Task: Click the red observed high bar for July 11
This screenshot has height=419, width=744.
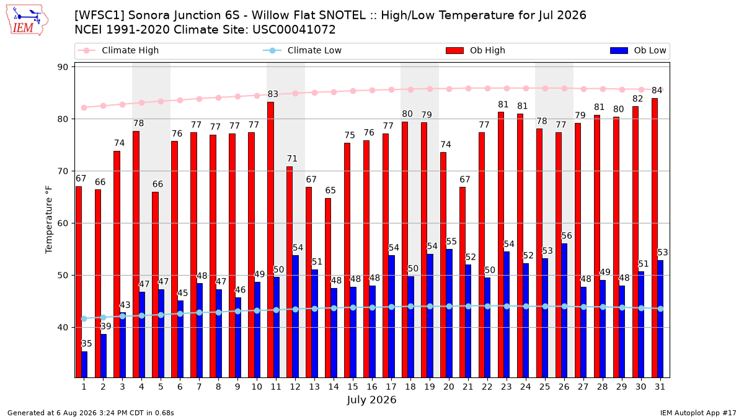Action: [271, 240]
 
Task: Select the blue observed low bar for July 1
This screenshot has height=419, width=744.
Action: [84, 364]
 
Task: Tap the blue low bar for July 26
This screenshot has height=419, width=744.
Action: [564, 310]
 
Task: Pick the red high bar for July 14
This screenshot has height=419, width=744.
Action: [328, 288]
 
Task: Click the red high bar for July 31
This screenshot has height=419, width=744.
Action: [655, 238]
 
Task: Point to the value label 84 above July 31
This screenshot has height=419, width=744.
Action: [657, 91]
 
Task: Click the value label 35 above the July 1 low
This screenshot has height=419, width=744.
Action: [87, 343]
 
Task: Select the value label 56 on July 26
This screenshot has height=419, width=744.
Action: [567, 236]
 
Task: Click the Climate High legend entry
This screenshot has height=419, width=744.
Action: [118, 50]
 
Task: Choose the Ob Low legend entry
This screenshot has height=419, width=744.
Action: [638, 50]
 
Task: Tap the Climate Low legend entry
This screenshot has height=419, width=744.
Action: [303, 50]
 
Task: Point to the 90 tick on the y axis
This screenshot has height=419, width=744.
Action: [63, 67]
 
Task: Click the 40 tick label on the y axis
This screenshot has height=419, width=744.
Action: [63, 328]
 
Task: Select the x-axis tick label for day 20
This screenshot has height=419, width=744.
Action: [449, 387]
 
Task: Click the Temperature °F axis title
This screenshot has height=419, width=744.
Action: [49, 220]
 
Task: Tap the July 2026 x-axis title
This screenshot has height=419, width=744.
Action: [371, 400]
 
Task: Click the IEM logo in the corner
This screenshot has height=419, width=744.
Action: [27, 20]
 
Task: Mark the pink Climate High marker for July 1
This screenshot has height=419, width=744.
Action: [84, 108]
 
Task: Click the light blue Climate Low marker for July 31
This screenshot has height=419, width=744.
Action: [660, 309]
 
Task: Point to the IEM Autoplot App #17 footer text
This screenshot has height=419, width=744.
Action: [698, 413]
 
